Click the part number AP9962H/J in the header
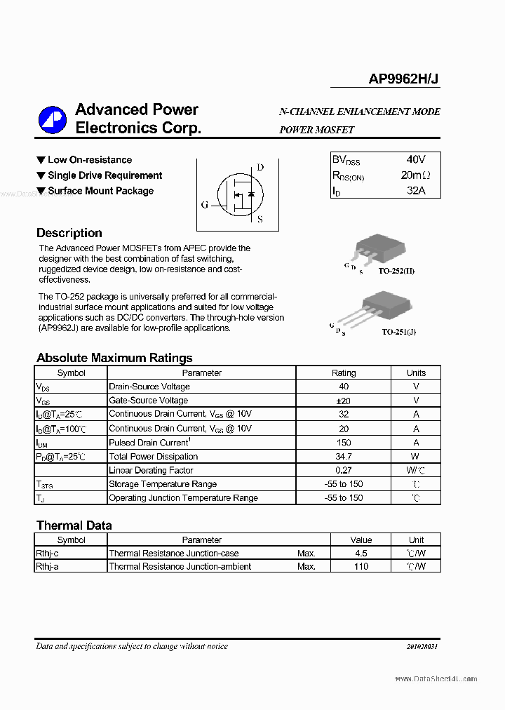point(404,79)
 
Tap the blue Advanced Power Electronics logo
point(52,119)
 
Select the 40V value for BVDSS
point(416,160)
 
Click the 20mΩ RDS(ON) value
point(416,175)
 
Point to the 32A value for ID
point(416,190)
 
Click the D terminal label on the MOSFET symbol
point(260,167)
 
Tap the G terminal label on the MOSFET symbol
point(204,205)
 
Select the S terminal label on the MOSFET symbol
point(260,219)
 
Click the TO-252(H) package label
point(396,270)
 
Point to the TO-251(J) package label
point(398,331)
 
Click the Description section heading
point(69,233)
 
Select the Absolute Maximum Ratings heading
point(114,358)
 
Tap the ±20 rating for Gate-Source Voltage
point(343,401)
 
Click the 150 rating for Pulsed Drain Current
point(343,443)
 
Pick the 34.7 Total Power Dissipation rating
point(343,457)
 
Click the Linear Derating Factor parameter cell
point(151,470)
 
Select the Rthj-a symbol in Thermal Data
point(47,566)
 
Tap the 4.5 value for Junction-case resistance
point(361,554)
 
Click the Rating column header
point(343,373)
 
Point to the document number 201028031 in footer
point(422,647)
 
